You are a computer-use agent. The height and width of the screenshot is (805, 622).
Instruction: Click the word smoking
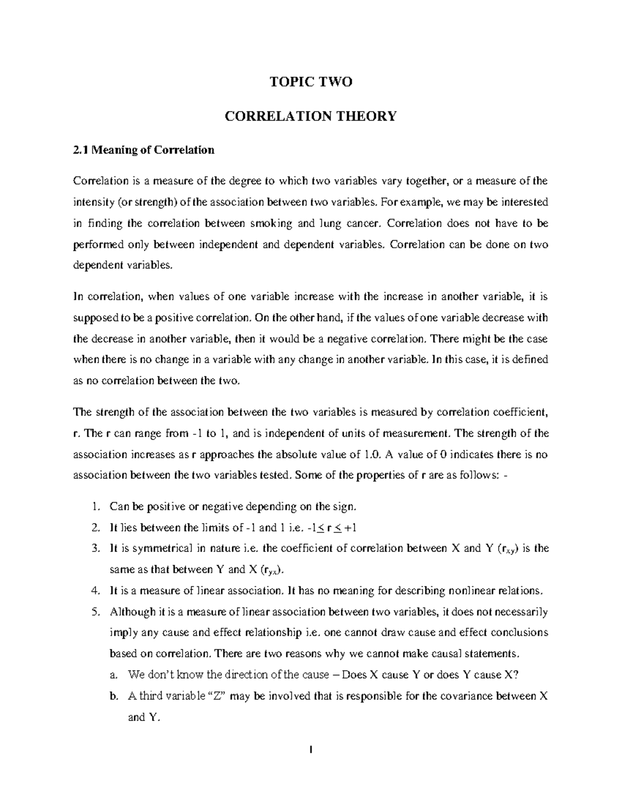click(270, 223)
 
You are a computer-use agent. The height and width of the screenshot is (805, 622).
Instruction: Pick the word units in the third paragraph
click(356, 433)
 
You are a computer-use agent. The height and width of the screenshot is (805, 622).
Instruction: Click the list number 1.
click(94, 506)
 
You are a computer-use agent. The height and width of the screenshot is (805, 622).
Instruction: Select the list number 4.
click(94, 590)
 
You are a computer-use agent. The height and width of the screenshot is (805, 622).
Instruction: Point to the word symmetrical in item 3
click(158, 548)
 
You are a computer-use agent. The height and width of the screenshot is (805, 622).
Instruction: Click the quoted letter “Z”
click(217, 696)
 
